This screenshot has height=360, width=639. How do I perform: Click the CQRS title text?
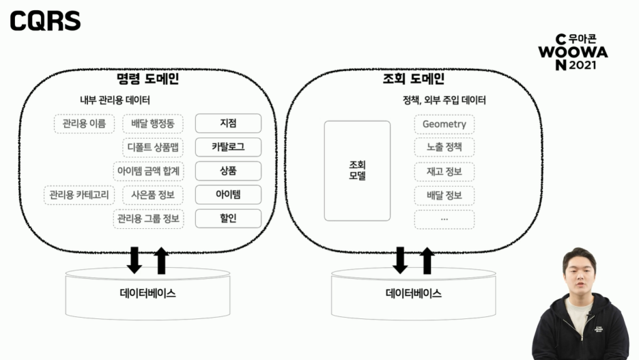45,21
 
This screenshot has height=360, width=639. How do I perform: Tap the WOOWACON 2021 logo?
572,52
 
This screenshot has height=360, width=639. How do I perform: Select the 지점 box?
228,124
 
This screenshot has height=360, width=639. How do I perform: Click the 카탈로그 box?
228,147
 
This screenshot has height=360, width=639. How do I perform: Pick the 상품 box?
228,171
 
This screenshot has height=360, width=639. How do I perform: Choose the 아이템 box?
228,195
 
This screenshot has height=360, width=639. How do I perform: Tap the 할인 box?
228,219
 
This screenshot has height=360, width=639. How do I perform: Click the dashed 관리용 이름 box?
84,124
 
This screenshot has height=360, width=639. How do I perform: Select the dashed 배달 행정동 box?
152,124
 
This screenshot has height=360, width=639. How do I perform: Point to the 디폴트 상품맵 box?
152,147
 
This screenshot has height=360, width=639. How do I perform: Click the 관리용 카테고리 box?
80,195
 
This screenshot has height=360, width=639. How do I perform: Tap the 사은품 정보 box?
152,195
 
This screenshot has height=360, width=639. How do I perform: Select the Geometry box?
444,124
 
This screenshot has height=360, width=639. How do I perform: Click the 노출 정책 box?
444,148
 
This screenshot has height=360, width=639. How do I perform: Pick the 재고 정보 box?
444,171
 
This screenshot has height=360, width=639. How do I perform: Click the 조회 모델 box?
357,171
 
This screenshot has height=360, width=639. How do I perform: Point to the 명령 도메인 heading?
147,79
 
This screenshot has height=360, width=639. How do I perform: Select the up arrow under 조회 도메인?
427,260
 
